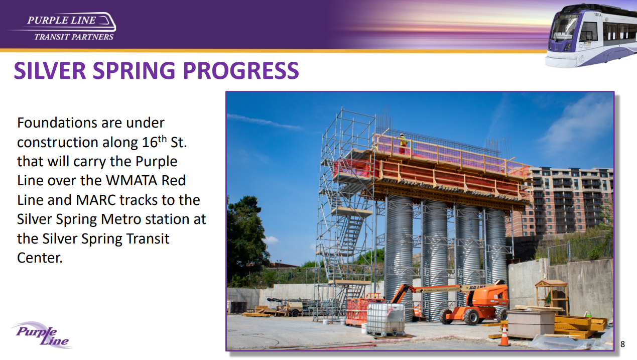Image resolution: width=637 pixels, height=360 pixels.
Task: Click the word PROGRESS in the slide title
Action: pyautogui.click(x=240, y=70)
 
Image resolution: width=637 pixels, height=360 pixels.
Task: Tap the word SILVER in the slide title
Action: pyautogui.click(x=50, y=70)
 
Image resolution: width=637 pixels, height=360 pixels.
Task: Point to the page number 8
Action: pyautogui.click(x=622, y=344)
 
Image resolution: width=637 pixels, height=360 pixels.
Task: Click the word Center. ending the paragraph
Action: pyautogui.click(x=40, y=258)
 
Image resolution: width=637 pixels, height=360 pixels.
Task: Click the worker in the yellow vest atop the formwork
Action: pyautogui.click(x=402, y=144)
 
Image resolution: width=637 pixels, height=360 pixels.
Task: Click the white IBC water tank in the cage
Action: pyautogui.click(x=386, y=318)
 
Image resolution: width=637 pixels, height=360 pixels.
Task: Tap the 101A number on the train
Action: pyautogui.click(x=597, y=14)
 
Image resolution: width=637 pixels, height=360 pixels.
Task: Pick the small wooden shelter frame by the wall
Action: pyautogui.click(x=552, y=296)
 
